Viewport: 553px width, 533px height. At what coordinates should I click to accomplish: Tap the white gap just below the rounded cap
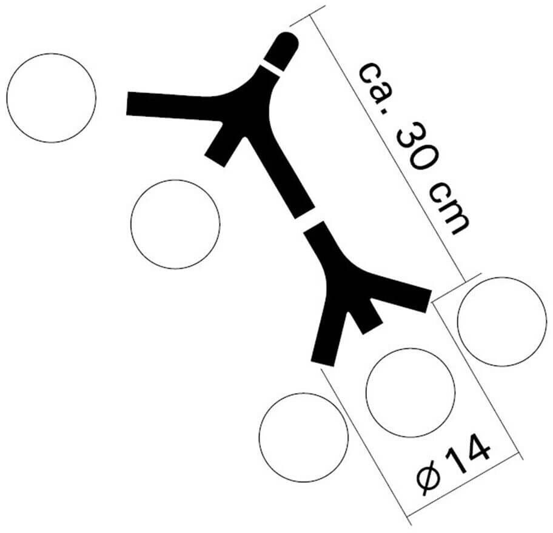click(x=273, y=67)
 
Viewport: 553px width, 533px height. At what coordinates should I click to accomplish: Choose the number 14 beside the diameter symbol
click(x=469, y=457)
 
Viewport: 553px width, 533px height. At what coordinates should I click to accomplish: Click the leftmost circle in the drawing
click(x=52, y=98)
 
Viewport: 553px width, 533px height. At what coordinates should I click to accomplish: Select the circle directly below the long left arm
click(x=175, y=224)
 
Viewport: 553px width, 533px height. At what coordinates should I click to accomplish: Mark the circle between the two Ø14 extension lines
click(x=411, y=392)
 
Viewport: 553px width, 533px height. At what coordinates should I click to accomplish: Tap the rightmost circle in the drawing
click(x=502, y=322)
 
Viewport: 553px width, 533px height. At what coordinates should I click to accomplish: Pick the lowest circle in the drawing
click(x=303, y=437)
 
